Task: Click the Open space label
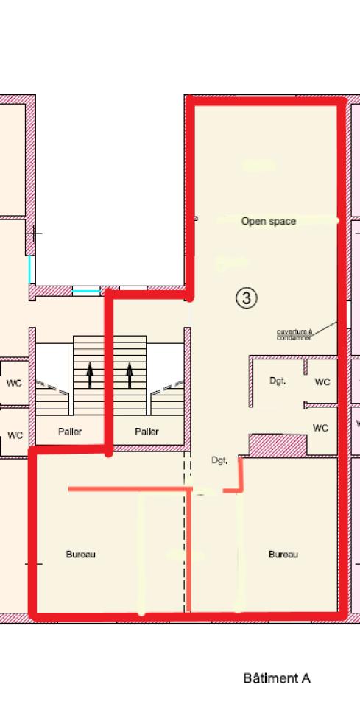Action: tap(269, 221)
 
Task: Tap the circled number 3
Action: tap(247, 298)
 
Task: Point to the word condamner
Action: tap(294, 338)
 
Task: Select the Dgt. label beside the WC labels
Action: tap(277, 381)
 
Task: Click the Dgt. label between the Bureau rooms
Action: tap(219, 461)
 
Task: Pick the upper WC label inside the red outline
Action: tap(322, 382)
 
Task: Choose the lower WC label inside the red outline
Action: tap(320, 428)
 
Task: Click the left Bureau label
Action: tap(80, 555)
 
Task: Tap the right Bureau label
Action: tap(283, 555)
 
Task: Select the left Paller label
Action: tap(70, 432)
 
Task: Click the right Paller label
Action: tap(147, 432)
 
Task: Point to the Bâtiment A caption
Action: tap(277, 678)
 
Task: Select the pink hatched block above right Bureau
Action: tap(278, 445)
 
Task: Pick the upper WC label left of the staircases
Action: tap(14, 384)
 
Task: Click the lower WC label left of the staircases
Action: tap(15, 435)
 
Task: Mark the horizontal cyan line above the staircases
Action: tap(87, 292)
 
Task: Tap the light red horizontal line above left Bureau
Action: tap(125, 488)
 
